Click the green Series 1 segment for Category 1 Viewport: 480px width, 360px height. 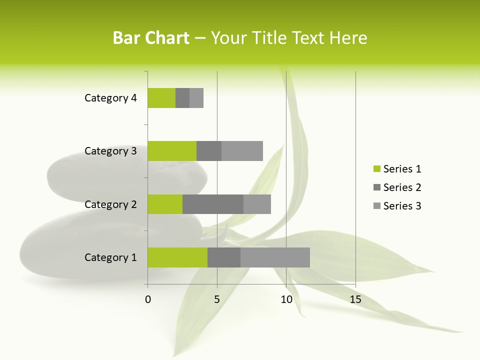click(x=177, y=257)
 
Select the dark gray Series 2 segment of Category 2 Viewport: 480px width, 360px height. click(x=213, y=204)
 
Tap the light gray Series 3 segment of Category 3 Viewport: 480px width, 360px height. click(x=242, y=151)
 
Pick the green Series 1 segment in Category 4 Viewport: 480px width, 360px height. click(x=161, y=98)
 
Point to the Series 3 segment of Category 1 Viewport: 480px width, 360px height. click(x=275, y=257)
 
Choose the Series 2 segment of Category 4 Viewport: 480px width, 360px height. click(x=182, y=98)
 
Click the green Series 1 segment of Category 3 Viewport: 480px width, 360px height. click(x=172, y=151)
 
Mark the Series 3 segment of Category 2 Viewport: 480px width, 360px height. click(x=257, y=204)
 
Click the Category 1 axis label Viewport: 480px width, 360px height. click(x=110, y=257)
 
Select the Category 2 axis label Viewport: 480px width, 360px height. click(x=110, y=204)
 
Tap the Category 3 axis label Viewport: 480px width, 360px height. click(x=110, y=151)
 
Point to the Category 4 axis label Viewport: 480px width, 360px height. click(x=110, y=98)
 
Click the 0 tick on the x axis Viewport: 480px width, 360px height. click(x=148, y=299)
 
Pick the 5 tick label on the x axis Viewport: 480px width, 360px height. click(x=217, y=299)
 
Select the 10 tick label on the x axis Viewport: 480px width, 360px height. click(x=286, y=299)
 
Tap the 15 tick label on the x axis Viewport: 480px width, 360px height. click(x=355, y=299)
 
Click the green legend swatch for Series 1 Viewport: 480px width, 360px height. click(x=376, y=169)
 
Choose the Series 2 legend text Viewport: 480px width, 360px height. click(x=402, y=187)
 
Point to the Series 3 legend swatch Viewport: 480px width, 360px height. click(x=376, y=206)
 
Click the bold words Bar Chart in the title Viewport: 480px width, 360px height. click(x=151, y=38)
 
